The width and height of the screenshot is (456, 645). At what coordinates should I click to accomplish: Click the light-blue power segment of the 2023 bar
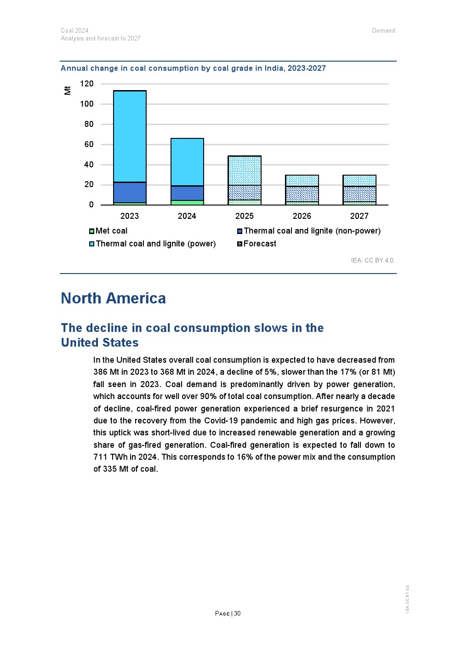130,136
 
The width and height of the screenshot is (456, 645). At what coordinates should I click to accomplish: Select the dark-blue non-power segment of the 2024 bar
187,193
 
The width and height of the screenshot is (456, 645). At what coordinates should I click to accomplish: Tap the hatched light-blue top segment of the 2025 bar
245,171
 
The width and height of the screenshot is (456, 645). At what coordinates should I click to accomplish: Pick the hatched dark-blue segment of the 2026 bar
302,194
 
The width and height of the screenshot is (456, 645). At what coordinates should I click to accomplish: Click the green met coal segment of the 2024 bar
187,202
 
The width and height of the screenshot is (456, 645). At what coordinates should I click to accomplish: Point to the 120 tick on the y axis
86,84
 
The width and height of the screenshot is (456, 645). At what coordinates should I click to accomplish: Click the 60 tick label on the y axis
89,144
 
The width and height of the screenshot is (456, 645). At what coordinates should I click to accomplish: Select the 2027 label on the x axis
359,216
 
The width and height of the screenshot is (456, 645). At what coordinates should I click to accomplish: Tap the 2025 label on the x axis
244,216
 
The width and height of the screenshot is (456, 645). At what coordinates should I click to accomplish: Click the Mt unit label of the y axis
68,90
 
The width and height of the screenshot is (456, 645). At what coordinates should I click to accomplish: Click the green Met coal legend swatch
91,231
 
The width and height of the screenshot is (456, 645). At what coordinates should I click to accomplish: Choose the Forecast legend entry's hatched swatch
239,244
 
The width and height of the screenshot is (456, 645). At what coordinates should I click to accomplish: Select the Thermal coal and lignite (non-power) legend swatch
239,231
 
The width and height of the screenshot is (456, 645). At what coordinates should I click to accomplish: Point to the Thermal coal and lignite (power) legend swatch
91,244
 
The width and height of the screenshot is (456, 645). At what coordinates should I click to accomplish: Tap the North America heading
113,298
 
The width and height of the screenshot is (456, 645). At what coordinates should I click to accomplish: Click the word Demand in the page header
383,31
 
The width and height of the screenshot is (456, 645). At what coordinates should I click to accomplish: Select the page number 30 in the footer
237,613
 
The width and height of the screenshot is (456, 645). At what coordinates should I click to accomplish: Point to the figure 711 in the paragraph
101,457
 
